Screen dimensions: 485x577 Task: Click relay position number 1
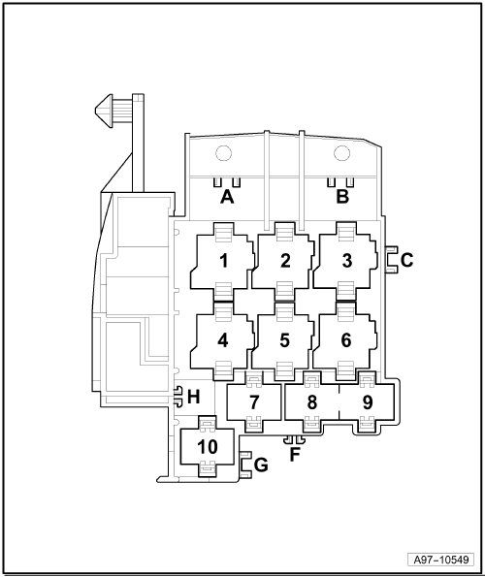pyautogui.click(x=223, y=261)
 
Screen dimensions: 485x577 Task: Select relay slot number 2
pyautogui.click(x=284, y=261)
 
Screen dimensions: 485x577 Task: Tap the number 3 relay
pyautogui.click(x=346, y=261)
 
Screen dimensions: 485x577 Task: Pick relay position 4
pyautogui.click(x=223, y=340)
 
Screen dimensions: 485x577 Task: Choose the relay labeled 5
pyautogui.click(x=284, y=340)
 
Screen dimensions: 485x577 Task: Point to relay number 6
pyautogui.click(x=346, y=340)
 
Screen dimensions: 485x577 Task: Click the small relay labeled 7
pyautogui.click(x=254, y=401)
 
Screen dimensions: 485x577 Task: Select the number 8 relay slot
pyautogui.click(x=312, y=401)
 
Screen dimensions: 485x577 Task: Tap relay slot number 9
pyautogui.click(x=367, y=401)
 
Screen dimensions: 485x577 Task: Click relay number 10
pyautogui.click(x=208, y=446)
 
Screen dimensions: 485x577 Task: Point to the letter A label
pyautogui.click(x=227, y=197)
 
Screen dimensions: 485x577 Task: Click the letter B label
pyautogui.click(x=342, y=197)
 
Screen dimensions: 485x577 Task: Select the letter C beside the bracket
pyautogui.click(x=406, y=260)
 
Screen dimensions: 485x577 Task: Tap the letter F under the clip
pyautogui.click(x=294, y=455)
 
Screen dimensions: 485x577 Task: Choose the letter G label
pyautogui.click(x=261, y=465)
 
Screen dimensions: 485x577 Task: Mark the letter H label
pyautogui.click(x=194, y=397)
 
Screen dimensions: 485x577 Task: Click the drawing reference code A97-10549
pyautogui.click(x=441, y=560)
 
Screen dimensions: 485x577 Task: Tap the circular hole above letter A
pyautogui.click(x=223, y=153)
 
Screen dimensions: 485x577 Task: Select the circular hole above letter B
pyautogui.click(x=341, y=153)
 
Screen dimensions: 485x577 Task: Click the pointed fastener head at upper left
pyautogui.click(x=104, y=112)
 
